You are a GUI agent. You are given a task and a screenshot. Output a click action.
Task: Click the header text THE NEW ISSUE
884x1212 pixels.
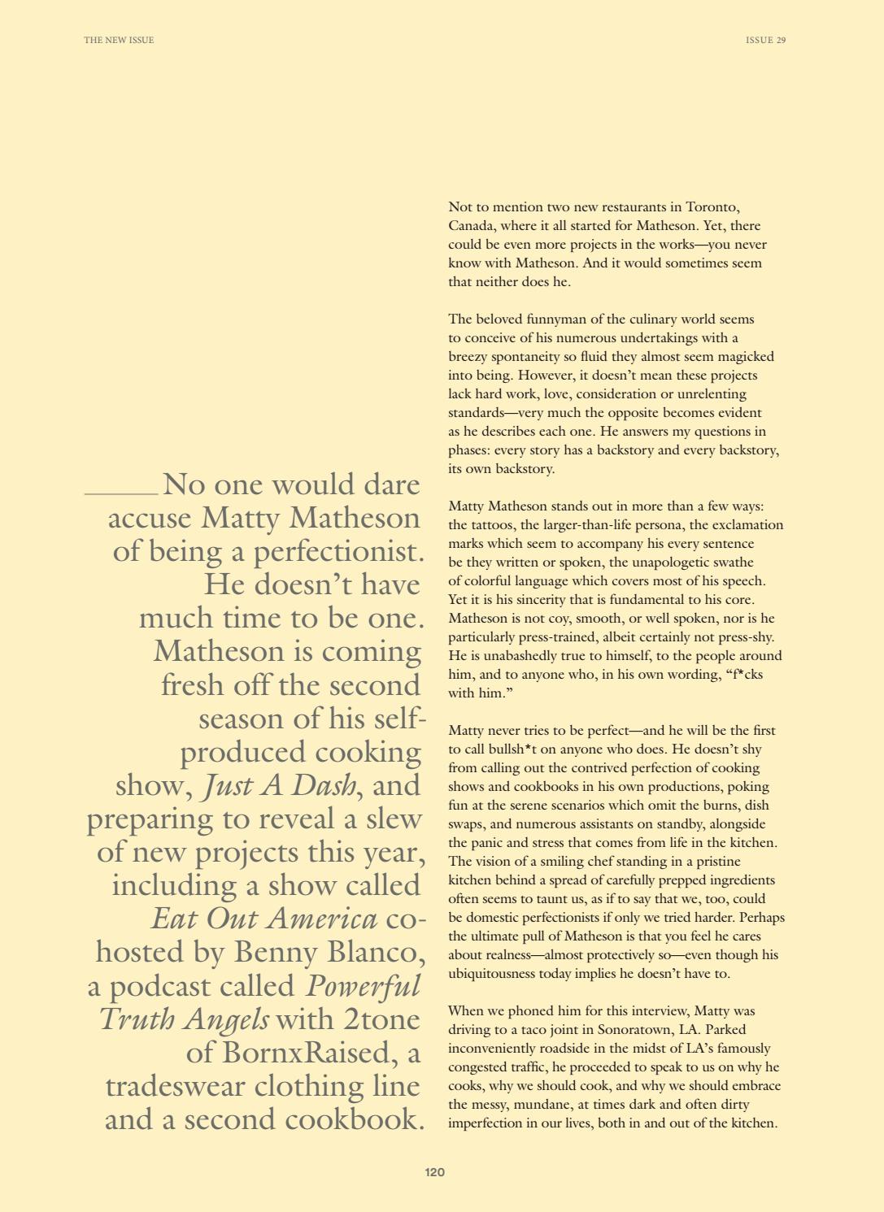click(119, 40)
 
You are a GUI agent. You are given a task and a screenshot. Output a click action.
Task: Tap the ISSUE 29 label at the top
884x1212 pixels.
click(765, 40)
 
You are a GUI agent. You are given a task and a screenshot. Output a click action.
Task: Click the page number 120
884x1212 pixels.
click(435, 1172)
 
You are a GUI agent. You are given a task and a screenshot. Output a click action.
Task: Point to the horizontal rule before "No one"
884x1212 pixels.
click(121, 493)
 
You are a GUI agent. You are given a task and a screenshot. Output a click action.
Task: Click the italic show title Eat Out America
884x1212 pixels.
click(264, 919)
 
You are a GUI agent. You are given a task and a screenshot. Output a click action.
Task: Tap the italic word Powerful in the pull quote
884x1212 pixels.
click(364, 986)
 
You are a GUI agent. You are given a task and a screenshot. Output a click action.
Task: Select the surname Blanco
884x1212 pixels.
click(370, 953)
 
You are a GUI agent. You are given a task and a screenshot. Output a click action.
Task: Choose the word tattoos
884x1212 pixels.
click(494, 525)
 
